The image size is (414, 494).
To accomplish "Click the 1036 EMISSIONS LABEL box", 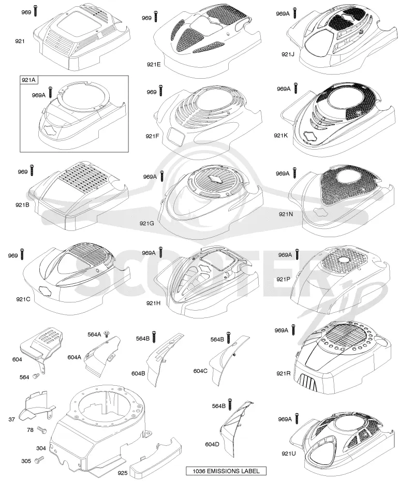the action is [226, 471].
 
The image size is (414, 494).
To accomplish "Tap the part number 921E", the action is [154, 65].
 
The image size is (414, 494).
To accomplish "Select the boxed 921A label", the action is [28, 80].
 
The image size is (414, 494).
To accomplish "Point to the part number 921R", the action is [284, 373].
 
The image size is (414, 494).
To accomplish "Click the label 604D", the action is [212, 444].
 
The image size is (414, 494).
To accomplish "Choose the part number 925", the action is [123, 473].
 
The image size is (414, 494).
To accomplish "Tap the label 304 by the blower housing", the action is [41, 448].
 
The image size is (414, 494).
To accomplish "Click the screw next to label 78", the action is [41, 430].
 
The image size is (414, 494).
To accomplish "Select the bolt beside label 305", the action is [39, 460].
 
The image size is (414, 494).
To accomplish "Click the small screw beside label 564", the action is [36, 375].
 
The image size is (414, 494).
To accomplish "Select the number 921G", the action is [146, 223].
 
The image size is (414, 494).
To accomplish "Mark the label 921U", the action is [289, 454].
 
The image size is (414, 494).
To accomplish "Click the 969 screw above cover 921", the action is [36, 11].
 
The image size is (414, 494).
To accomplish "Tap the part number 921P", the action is [284, 279].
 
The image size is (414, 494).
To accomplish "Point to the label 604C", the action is [201, 371].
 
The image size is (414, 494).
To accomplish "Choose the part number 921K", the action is [281, 136].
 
